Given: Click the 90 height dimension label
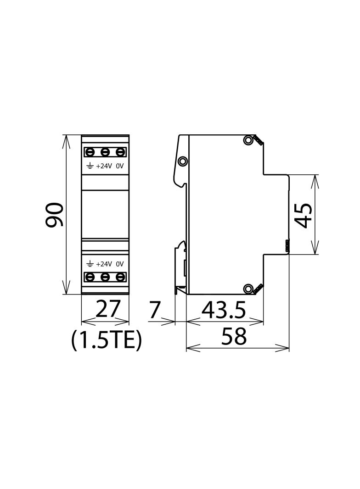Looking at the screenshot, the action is point(55,215).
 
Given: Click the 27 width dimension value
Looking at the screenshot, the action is point(108,309).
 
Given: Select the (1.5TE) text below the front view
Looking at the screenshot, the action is point(107,340).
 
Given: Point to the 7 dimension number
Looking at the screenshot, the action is point(154,310).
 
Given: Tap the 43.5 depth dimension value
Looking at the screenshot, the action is point(224,310).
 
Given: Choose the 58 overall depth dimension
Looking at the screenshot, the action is point(234,336).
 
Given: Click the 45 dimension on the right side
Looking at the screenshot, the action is point(304,216).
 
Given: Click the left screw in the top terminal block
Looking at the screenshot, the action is point(90,152).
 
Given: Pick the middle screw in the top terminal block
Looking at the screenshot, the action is point(105,152).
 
